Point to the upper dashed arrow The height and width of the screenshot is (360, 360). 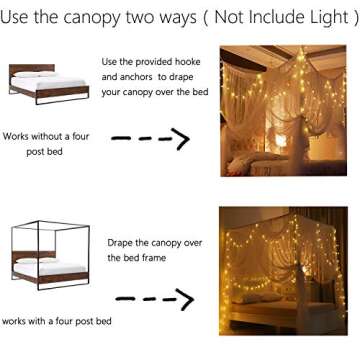click(x=149, y=138)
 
